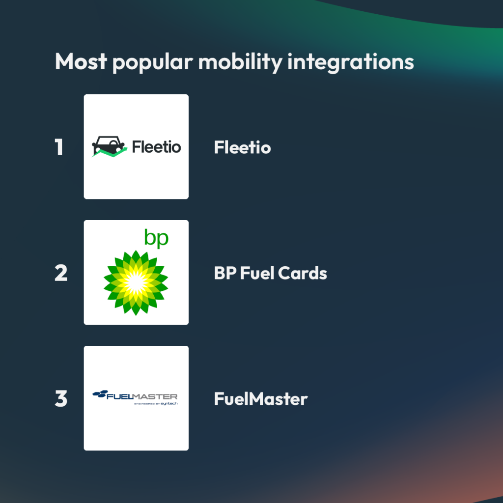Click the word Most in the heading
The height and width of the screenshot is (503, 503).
coord(81,61)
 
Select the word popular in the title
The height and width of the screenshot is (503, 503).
coord(153,63)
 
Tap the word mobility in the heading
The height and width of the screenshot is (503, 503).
coord(240,62)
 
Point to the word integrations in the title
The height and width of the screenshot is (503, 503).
coord(351,62)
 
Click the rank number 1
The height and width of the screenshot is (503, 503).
coord(59,147)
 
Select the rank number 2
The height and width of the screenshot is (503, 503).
coord(61,273)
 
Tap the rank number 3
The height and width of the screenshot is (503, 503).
coord(61,398)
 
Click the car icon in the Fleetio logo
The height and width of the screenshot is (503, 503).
coord(108,145)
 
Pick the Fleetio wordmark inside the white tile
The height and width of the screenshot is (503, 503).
coord(157,147)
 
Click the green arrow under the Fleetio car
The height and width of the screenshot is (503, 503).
coord(110,153)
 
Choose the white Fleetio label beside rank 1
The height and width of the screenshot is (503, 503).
coord(243,147)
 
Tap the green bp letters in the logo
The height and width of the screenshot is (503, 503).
coord(156,238)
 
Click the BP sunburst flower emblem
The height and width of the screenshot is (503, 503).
coord(136,282)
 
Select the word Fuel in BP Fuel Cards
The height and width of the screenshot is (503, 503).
coord(257,273)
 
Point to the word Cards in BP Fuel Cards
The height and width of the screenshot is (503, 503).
coord(303,273)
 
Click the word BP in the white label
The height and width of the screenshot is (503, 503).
coord(225,273)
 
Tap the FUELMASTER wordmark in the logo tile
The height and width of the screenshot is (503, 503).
coord(142,396)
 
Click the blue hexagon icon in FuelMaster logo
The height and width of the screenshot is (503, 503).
coord(100,394)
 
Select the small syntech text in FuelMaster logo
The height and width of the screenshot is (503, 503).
coord(169,404)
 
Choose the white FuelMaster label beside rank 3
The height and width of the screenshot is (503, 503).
coord(261,399)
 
